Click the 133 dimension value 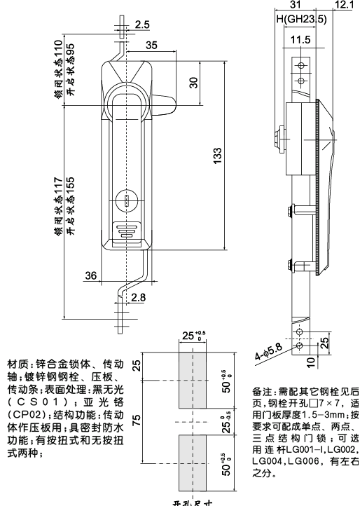point(219,153)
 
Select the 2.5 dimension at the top point(141,25)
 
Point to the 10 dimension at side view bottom point(310,362)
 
